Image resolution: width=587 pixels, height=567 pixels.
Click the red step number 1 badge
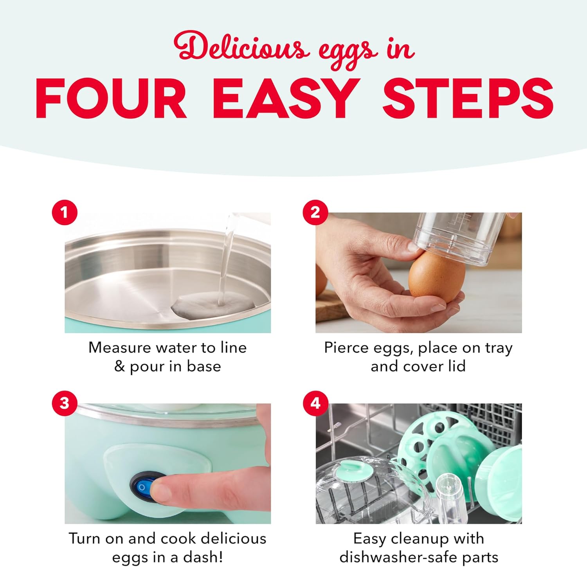[x=65, y=212]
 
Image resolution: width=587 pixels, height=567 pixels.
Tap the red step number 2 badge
[x=315, y=212]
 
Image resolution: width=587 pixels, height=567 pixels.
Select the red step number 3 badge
[x=65, y=403]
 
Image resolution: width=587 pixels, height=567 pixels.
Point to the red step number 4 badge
[x=315, y=403]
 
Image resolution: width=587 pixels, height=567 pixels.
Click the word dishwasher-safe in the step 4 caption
[x=399, y=557]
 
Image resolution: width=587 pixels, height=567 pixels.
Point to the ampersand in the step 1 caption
[x=119, y=367]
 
